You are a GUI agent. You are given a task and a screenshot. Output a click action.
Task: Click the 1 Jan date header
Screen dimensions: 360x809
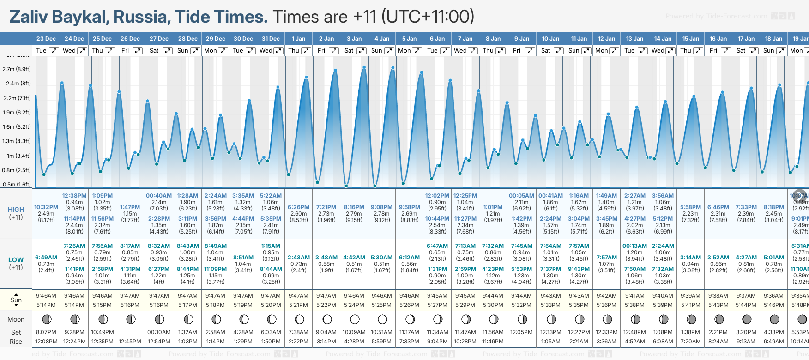click(x=299, y=39)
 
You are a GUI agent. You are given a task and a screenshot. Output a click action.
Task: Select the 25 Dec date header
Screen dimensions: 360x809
click(x=102, y=39)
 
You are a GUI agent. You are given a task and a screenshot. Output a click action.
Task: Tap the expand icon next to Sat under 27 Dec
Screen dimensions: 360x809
click(x=168, y=51)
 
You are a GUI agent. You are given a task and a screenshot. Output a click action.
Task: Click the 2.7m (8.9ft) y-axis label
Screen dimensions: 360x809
click(x=17, y=69)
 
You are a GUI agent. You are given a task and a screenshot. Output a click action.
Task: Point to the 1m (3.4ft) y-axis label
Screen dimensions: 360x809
click(x=17, y=156)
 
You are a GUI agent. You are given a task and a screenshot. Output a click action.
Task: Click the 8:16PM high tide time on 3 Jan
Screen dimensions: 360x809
click(x=354, y=207)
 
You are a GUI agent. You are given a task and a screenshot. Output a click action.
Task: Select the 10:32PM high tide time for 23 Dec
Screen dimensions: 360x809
click(x=46, y=207)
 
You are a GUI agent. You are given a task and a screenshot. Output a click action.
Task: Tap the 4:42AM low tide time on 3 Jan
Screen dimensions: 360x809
click(x=354, y=258)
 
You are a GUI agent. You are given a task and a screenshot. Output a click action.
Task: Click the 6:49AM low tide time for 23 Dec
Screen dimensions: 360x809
click(x=46, y=258)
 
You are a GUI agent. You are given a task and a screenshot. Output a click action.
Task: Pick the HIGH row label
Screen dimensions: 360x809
click(x=16, y=210)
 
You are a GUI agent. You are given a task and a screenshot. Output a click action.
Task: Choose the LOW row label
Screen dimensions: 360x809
click(x=16, y=260)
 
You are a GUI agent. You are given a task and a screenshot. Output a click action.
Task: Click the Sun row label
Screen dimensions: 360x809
click(x=16, y=300)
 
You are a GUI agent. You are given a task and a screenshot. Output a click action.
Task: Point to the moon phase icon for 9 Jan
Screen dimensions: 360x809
click(x=522, y=319)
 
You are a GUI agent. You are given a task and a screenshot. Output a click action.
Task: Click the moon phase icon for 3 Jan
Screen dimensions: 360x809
click(x=355, y=319)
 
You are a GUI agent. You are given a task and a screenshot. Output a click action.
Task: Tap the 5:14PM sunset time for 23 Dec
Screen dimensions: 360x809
click(x=46, y=305)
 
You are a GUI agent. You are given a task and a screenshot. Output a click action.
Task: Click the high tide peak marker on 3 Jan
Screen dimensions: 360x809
click(x=364, y=67)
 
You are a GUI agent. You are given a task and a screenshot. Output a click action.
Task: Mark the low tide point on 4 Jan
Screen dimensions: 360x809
click(x=375, y=186)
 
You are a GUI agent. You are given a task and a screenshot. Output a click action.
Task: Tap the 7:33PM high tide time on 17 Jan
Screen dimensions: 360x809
click(x=746, y=207)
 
